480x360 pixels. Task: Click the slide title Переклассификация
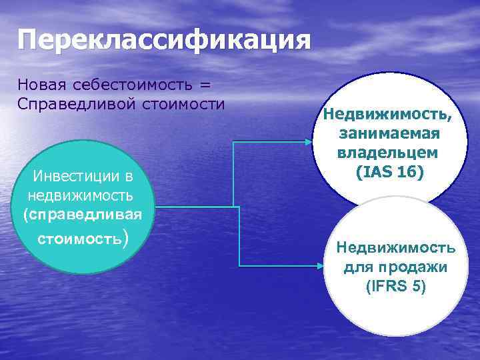[x=165, y=40]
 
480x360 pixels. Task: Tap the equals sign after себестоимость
[x=205, y=85]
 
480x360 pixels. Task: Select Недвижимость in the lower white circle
[x=396, y=249]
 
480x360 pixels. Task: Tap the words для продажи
[x=396, y=268]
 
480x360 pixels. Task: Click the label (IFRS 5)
[x=396, y=287]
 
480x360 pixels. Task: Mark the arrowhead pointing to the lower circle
[x=319, y=266]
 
